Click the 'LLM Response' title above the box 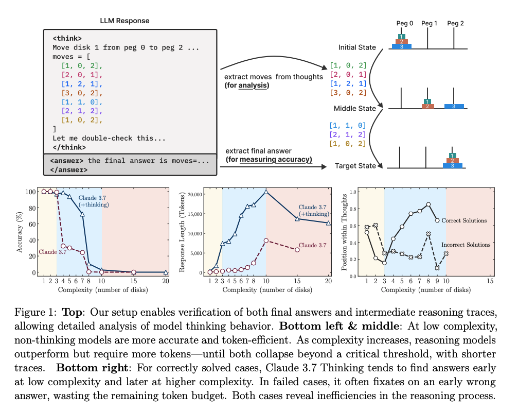[x=124, y=21]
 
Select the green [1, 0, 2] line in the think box [x=82, y=66]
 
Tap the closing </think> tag [x=69, y=147]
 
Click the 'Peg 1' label [x=429, y=23]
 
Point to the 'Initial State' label [x=357, y=47]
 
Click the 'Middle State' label [x=354, y=109]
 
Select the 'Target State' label [x=355, y=166]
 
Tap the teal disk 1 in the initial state [x=401, y=37]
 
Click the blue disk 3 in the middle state [x=454, y=107]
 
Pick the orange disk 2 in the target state [x=452, y=161]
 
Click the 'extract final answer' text [x=258, y=151]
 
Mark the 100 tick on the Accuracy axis [x=30, y=192]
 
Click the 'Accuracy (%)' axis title [x=20, y=232]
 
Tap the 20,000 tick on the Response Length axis [x=194, y=195]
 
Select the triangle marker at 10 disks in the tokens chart [x=266, y=192]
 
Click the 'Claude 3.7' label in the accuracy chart [x=52, y=252]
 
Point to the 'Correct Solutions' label [x=464, y=220]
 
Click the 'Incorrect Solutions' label [x=466, y=245]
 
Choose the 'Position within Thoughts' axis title [x=344, y=232]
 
